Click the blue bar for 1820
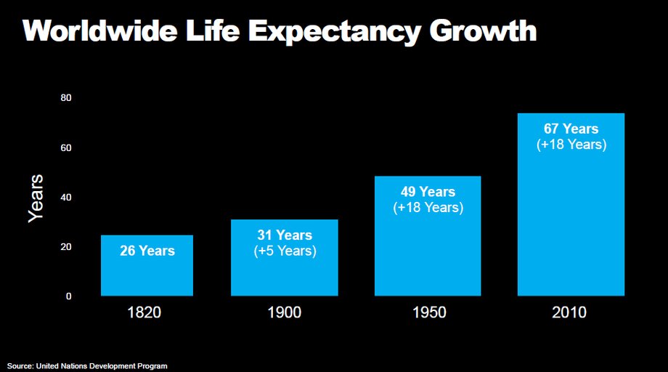point(147,265)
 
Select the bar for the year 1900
point(285,257)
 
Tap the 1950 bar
point(428,235)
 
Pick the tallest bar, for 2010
point(571,205)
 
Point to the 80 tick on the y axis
point(66,97)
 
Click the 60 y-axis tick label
point(66,148)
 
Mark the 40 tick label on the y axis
point(66,198)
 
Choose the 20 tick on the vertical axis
point(66,247)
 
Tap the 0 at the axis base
point(68,296)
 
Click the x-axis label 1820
point(144,312)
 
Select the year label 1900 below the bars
point(284,312)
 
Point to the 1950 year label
point(429,312)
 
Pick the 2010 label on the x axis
point(569,312)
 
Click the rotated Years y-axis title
point(36,198)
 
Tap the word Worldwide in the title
point(100,31)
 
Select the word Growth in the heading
point(483,31)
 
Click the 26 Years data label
point(147,251)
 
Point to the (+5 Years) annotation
point(285,251)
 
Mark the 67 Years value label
point(571,129)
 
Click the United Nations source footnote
point(87,366)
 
